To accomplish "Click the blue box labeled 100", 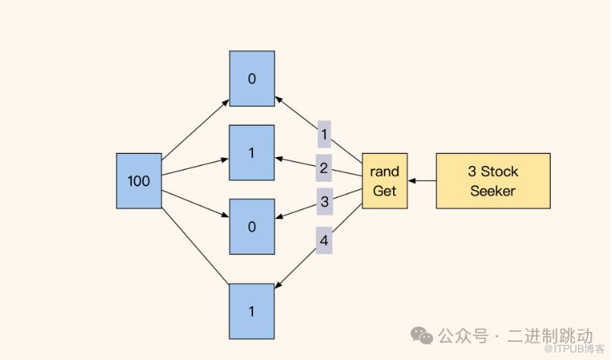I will [x=139, y=180].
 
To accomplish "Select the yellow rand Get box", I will [x=385, y=180].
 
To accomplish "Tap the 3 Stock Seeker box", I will [x=493, y=180].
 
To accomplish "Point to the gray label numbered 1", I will [x=324, y=134].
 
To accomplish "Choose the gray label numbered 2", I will [x=324, y=168].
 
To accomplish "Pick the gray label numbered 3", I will [x=324, y=202].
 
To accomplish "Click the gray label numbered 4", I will [x=324, y=240].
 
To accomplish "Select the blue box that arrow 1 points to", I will [x=252, y=79].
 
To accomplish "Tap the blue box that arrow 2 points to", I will [x=252, y=152].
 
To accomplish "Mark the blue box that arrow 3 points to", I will [x=252, y=227].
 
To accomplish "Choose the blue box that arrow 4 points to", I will [x=252, y=311].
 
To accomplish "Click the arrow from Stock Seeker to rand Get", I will [x=422, y=181].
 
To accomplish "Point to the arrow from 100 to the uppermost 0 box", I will [x=195, y=129].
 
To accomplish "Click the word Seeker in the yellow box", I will [x=493, y=190].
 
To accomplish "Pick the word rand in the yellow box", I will [x=385, y=171].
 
